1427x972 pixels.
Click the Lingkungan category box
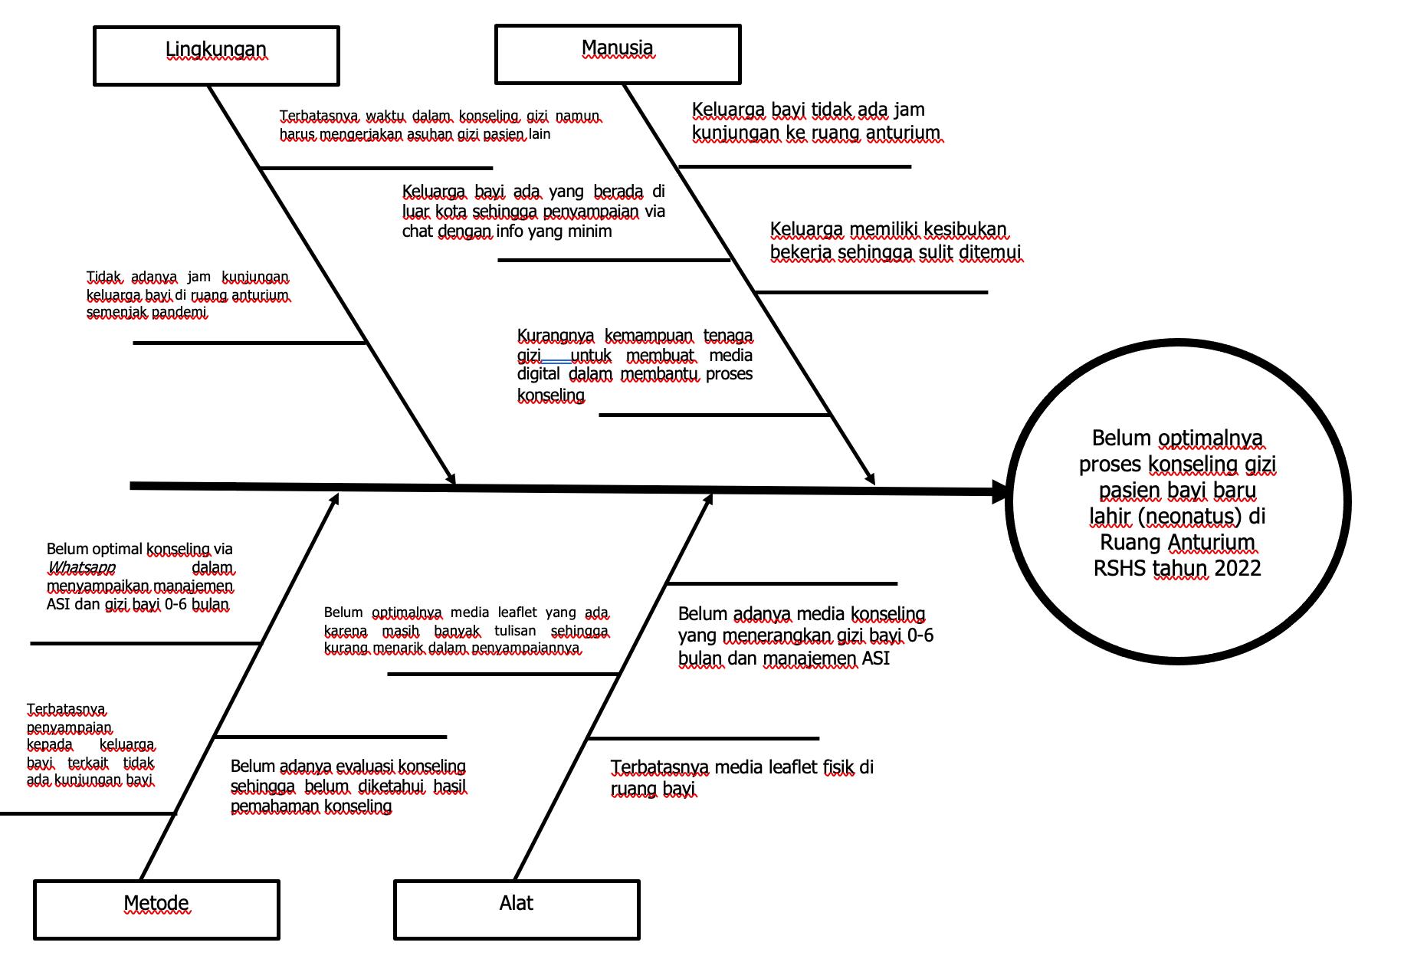[x=216, y=56]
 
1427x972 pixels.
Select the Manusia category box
[x=618, y=54]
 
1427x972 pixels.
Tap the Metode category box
[x=156, y=909]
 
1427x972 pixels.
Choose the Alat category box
[x=517, y=909]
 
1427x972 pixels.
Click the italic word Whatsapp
[x=81, y=568]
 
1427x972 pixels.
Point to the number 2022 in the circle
[x=1237, y=568]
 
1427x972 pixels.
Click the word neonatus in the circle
[x=1189, y=517]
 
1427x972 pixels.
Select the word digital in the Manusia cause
[x=540, y=374]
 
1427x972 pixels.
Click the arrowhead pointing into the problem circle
[x=1001, y=492]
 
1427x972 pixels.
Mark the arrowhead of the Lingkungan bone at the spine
[x=451, y=478]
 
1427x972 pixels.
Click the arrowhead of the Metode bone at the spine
[x=334, y=500]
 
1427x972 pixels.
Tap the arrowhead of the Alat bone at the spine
[x=708, y=500]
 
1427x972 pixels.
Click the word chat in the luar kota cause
[x=418, y=232]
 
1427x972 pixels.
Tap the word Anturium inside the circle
[x=1215, y=543]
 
